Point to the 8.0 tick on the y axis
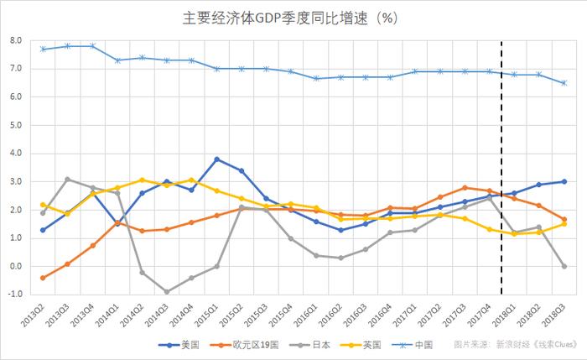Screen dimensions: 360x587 16,40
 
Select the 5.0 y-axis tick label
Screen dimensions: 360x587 16,125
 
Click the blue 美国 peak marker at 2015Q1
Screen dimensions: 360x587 216,159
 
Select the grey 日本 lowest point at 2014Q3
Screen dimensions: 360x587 167,292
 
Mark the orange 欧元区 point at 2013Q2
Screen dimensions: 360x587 43,278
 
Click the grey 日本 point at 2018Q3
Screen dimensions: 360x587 564,266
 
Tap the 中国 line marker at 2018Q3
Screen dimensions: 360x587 564,83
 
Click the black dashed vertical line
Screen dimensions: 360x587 501,168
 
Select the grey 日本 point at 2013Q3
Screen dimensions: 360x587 67,179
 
